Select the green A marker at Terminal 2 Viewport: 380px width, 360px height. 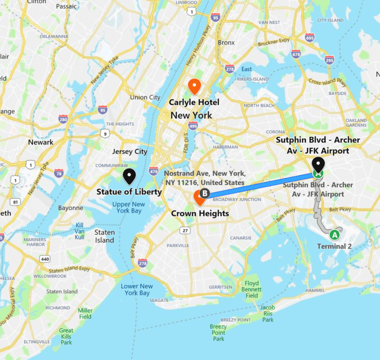point(335,235)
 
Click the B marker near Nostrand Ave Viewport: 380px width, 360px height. point(205,194)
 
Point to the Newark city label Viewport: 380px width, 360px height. point(41,142)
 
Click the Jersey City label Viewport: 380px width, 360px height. point(130,151)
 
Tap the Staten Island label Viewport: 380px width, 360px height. point(105,236)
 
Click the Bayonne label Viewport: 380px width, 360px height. point(71,208)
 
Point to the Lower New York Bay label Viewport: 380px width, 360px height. point(137,290)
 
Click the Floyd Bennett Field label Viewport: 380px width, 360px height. point(251,289)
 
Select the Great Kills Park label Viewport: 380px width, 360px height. point(66,336)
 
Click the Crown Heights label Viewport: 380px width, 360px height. point(200,213)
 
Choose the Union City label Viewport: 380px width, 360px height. point(145,97)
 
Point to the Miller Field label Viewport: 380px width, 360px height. point(85,313)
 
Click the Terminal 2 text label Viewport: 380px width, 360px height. point(335,246)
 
